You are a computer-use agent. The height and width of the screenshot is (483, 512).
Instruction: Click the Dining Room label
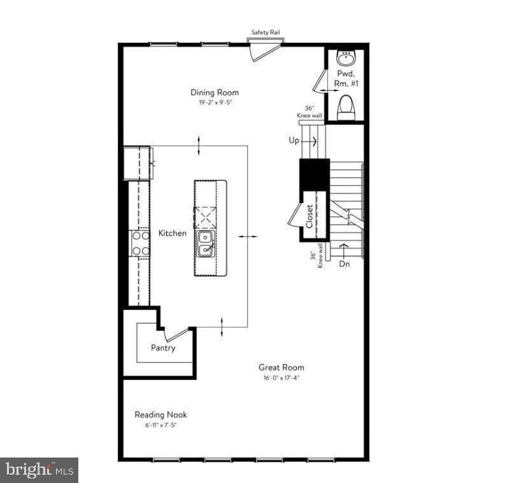pyautogui.click(x=215, y=92)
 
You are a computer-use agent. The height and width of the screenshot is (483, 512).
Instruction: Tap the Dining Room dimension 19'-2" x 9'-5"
pyautogui.click(x=215, y=102)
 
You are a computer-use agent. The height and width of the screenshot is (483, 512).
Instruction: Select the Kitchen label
pyautogui.click(x=173, y=234)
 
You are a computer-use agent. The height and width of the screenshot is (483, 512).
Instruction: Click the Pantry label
pyautogui.click(x=163, y=348)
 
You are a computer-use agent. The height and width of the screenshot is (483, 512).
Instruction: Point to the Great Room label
pyautogui.click(x=281, y=367)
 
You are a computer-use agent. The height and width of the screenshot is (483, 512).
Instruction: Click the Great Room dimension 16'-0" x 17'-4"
pyautogui.click(x=281, y=377)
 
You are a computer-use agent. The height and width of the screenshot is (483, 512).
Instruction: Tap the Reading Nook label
pyautogui.click(x=160, y=414)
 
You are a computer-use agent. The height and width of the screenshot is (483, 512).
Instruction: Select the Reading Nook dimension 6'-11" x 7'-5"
pyautogui.click(x=160, y=424)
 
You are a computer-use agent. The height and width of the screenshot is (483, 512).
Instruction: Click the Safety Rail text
pyautogui.click(x=266, y=32)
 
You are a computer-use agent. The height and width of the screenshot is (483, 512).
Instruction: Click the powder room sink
pyautogui.click(x=346, y=59)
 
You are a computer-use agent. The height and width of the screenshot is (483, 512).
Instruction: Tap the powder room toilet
pyautogui.click(x=346, y=107)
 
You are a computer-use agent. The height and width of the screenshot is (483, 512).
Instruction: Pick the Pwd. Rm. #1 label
pyautogui.click(x=346, y=79)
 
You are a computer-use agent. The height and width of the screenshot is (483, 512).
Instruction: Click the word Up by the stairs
pyautogui.click(x=294, y=141)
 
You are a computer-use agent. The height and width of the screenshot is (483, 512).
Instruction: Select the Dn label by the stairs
pyautogui.click(x=345, y=263)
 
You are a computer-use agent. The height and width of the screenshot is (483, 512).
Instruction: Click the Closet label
pyautogui.click(x=309, y=216)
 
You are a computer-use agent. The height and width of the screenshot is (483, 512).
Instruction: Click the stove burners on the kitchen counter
pyautogui.click(x=140, y=243)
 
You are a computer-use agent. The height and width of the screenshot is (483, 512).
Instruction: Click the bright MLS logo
pyautogui.click(x=39, y=470)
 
